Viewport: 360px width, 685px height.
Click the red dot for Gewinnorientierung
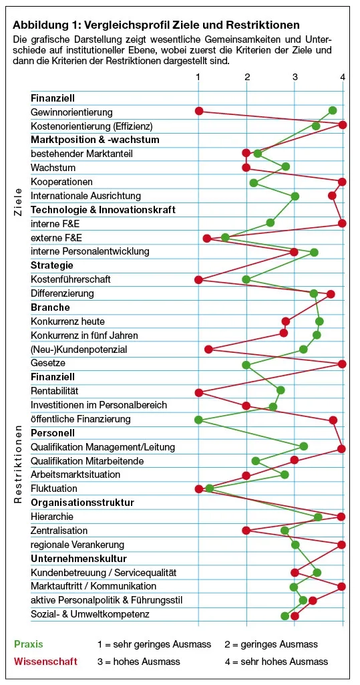coord(198,111)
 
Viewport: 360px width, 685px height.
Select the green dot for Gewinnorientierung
coord(333,110)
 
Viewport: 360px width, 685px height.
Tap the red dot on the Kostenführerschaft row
coord(198,279)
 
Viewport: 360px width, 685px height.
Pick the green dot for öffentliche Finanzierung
coord(198,420)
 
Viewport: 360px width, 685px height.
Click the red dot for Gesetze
coord(343,364)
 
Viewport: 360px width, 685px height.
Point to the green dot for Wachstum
coord(286,166)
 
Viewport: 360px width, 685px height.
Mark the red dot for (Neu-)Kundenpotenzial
coord(208,349)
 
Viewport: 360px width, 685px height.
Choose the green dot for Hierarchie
coord(318,517)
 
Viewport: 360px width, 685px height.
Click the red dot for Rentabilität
coord(198,392)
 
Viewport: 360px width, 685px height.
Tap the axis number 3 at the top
coord(295,78)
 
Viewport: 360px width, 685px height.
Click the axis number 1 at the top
coord(198,78)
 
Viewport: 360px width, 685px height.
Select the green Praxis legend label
coord(28,644)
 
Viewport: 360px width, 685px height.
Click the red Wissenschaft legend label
coord(45,662)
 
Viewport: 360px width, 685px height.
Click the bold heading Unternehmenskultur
coord(79,559)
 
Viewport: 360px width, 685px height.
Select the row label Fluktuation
coord(53,489)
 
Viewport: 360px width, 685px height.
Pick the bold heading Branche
coord(50,307)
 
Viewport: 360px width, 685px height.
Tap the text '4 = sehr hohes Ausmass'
coord(277,662)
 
